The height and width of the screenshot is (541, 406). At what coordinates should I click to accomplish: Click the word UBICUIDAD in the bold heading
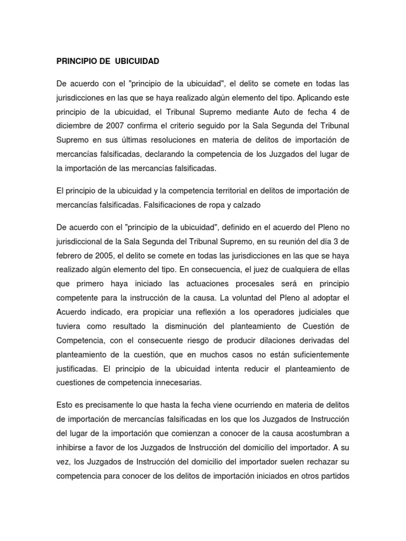coord(134,62)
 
